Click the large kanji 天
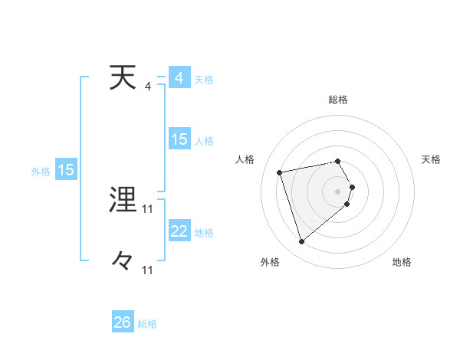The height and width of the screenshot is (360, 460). tap(123, 78)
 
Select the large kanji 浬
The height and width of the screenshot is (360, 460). tap(123, 201)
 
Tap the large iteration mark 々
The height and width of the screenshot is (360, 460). tap(123, 261)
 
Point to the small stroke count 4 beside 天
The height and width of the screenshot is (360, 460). tap(148, 86)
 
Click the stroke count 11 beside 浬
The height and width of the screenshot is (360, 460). tap(148, 208)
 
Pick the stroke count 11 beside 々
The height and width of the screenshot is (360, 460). tap(148, 270)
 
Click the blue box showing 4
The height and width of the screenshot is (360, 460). tap(179, 78)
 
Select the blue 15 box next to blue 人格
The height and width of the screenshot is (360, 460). tap(179, 139)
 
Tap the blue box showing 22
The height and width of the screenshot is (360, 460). tap(179, 231)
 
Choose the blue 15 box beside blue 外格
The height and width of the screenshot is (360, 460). tap(66, 170)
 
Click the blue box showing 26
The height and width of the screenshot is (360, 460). tap(122, 322)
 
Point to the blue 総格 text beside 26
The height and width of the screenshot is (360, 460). tap(147, 324)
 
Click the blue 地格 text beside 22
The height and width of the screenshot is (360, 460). tap(205, 233)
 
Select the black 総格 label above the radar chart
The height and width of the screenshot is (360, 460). tap(338, 100)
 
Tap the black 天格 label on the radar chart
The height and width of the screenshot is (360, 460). tap(432, 159)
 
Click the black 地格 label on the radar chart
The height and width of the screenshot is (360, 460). tap(402, 263)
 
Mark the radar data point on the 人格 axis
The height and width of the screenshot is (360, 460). tap(280, 172)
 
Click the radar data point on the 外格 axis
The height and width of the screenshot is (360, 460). tap(301, 242)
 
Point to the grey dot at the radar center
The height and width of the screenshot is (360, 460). tap(338, 191)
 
